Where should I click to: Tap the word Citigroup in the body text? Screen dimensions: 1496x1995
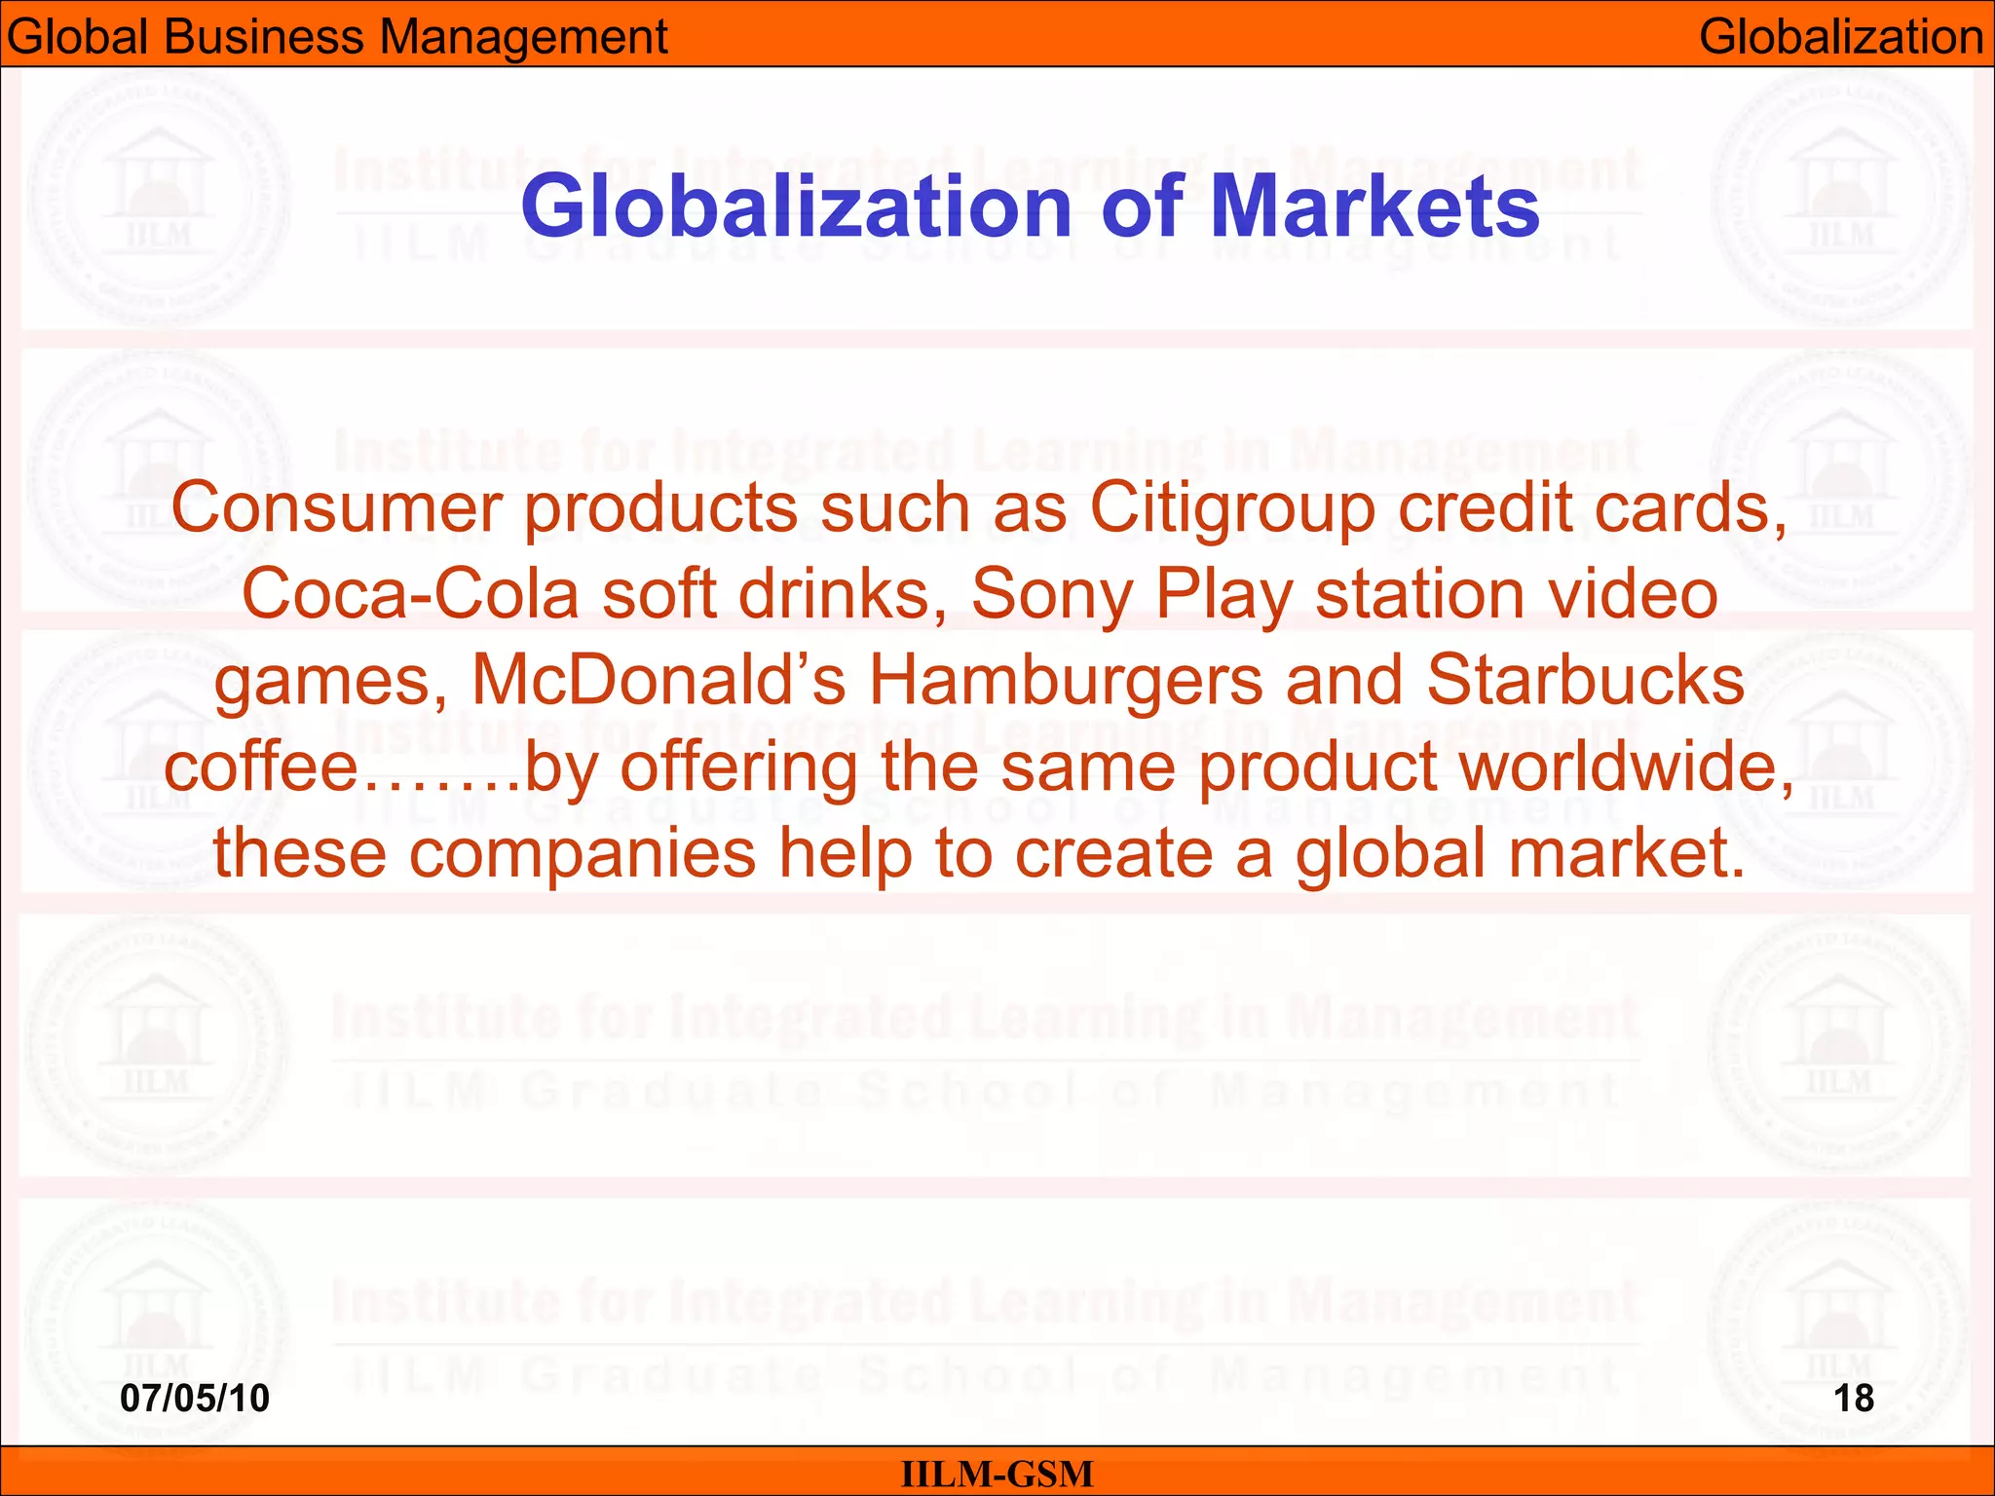click(x=1231, y=508)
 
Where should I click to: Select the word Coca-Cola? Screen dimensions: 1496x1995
click(x=410, y=593)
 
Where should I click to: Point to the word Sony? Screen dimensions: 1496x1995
click(x=1050, y=593)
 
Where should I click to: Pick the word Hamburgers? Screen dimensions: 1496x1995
click(x=1066, y=679)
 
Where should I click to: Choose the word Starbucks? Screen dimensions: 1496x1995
click(x=1585, y=679)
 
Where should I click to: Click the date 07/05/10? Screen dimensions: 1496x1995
click(x=195, y=1398)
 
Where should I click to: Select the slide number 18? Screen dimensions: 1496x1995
click(x=1853, y=1398)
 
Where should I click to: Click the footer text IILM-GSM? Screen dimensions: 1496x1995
click(x=997, y=1474)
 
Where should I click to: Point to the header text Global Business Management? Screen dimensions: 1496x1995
click(x=337, y=37)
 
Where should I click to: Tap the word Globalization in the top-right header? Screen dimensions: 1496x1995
click(x=1841, y=37)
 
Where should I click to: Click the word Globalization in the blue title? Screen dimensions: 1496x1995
click(x=796, y=206)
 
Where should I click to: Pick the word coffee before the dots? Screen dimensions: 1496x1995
click(x=261, y=766)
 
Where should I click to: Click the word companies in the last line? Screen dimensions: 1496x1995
click(x=583, y=851)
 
